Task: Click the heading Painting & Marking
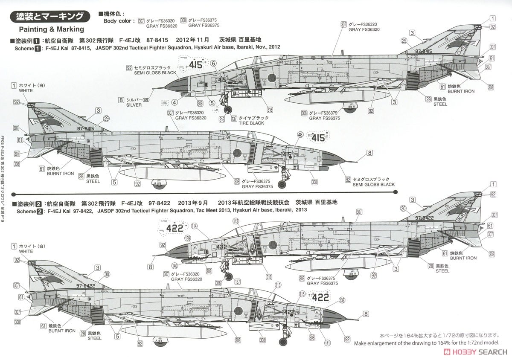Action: pos(52,29)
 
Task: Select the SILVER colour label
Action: pos(134,105)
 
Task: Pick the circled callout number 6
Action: pos(213,63)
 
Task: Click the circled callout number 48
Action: pos(300,135)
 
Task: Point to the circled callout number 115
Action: pos(303,294)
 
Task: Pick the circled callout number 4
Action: pos(175,102)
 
